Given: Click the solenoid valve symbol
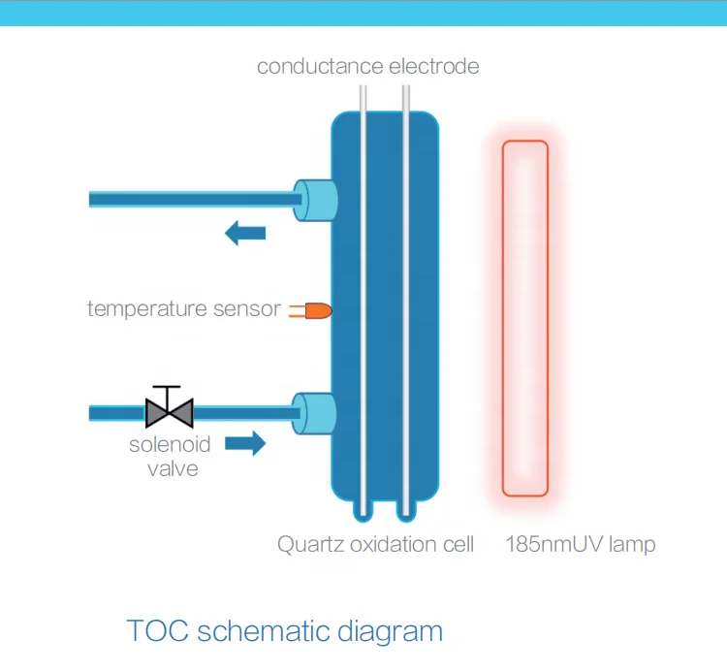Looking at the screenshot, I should pyautogui.click(x=170, y=412).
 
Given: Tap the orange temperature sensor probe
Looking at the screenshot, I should pyautogui.click(x=317, y=310).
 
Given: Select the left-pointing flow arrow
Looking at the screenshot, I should pyautogui.click(x=245, y=233).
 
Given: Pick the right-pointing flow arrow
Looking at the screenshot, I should pyautogui.click(x=245, y=444).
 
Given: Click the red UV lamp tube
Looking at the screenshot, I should pyautogui.click(x=524, y=318).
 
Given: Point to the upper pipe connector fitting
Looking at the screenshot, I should pyautogui.click(x=315, y=199).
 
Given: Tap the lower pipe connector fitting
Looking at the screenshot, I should pyautogui.click(x=315, y=413).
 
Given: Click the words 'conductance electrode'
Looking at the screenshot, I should pyautogui.click(x=367, y=67).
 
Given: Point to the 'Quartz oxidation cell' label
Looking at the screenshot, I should pyautogui.click(x=375, y=544).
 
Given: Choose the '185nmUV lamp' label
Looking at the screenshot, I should pyautogui.click(x=580, y=544).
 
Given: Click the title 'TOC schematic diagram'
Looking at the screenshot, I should pyautogui.click(x=285, y=631).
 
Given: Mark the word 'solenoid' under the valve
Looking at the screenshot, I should pyautogui.click(x=170, y=445).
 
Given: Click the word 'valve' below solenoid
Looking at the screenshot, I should pyautogui.click(x=172, y=469).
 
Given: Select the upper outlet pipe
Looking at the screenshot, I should pyautogui.click(x=194, y=199).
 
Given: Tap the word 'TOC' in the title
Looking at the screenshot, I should pyautogui.click(x=158, y=631).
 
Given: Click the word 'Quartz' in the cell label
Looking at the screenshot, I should pyautogui.click(x=309, y=544).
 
